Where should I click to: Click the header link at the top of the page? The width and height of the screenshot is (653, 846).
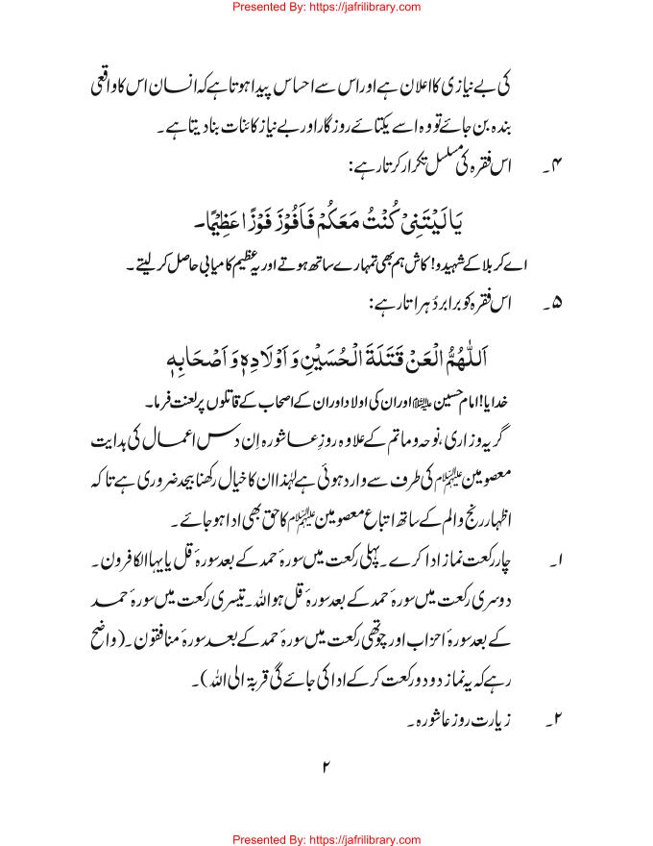point(326,9)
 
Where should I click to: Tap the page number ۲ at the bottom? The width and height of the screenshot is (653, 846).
point(326,766)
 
